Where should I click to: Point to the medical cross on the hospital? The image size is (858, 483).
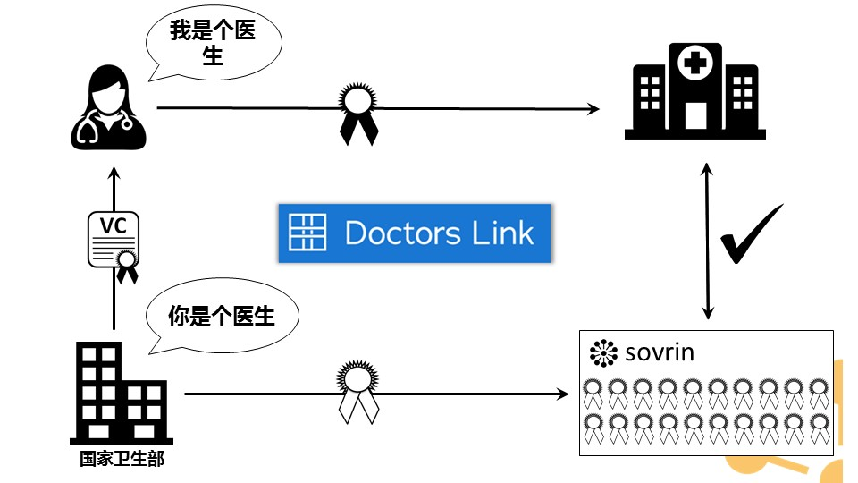[x=694, y=64]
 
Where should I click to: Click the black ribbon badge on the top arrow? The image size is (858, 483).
[x=357, y=111]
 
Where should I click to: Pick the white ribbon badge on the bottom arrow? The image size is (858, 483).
[x=357, y=391]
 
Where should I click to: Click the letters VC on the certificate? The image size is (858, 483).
[x=113, y=226]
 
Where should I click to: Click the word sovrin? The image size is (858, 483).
[x=659, y=352]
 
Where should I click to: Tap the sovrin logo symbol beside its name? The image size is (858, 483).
[x=604, y=353]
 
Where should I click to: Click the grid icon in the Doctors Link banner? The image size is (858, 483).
[x=308, y=233]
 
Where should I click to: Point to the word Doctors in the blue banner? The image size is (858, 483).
[x=402, y=233]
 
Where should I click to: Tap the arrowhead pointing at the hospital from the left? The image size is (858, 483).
[x=593, y=109]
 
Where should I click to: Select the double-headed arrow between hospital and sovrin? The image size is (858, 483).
[x=708, y=241]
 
